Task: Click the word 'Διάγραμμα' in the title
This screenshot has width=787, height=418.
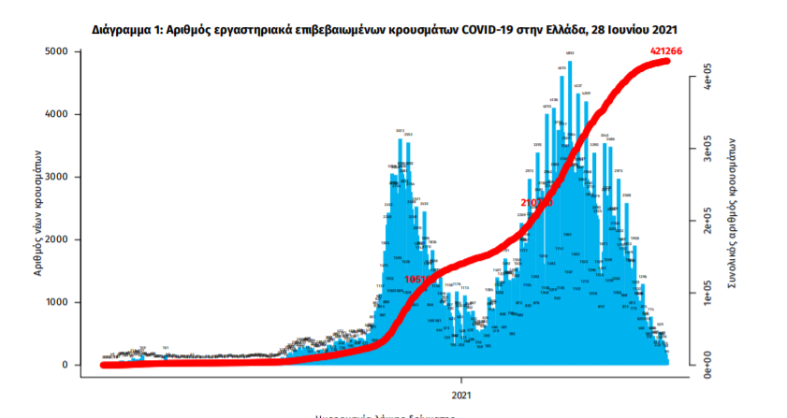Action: [x=126, y=30]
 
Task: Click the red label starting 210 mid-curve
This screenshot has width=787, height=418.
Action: [x=535, y=202]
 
